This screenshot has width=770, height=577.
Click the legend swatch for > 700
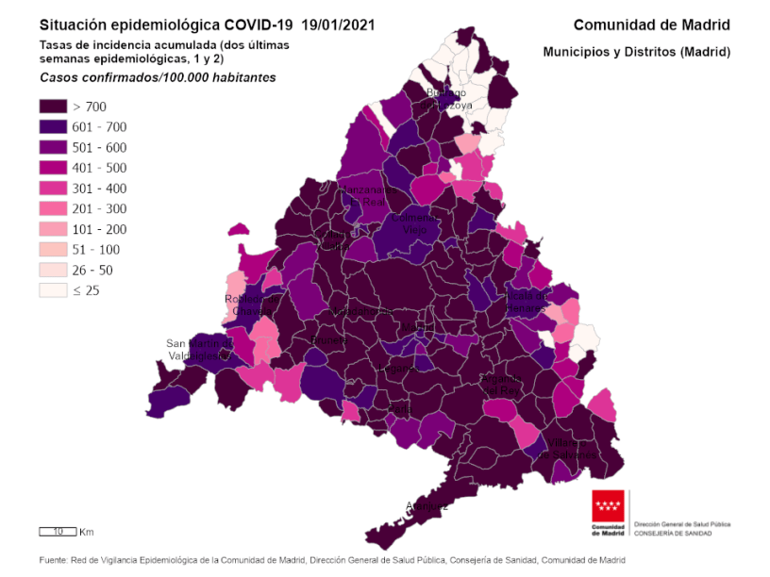coord(52,107)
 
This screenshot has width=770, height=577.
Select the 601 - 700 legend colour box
coord(52,127)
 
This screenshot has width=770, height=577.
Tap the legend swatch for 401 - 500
coord(52,168)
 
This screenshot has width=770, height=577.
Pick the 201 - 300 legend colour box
coord(52,208)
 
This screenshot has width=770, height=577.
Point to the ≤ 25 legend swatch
coord(52,290)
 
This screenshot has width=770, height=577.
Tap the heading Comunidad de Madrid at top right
coord(651,25)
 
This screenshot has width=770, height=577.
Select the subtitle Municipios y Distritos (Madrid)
coord(637,52)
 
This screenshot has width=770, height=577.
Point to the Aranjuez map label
coord(427,505)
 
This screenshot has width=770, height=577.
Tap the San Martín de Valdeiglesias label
coord(197,350)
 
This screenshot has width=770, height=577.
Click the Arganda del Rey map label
coord(500,385)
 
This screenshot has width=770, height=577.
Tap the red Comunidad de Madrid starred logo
coord(608,511)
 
